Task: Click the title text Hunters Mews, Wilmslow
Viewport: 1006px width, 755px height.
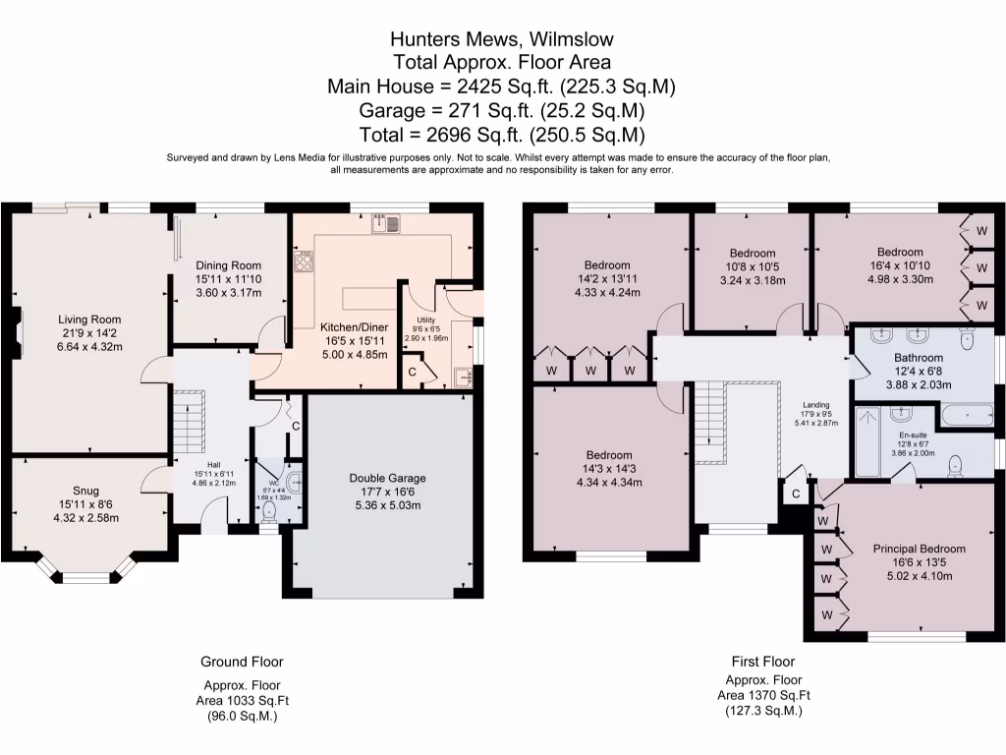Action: click(502, 39)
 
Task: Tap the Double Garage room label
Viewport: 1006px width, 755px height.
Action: click(388, 479)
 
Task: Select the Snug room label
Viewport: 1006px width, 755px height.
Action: click(85, 491)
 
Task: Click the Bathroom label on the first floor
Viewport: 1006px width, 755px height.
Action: click(919, 358)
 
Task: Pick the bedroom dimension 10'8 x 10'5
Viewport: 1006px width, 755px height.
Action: click(752, 265)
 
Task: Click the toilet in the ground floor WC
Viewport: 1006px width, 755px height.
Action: click(270, 512)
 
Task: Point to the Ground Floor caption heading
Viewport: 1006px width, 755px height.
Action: click(242, 662)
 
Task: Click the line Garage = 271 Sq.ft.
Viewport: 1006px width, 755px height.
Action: click(502, 110)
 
